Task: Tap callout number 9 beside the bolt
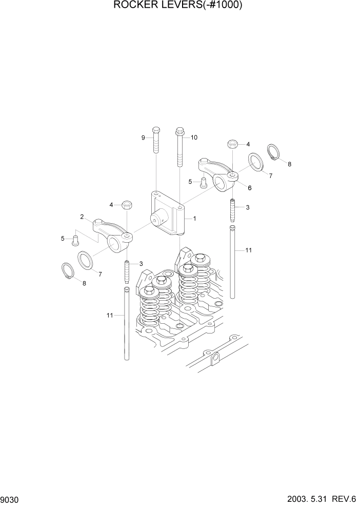click(x=144, y=137)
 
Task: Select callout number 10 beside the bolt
click(x=194, y=137)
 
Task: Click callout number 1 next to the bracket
click(x=195, y=218)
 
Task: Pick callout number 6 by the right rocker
click(x=250, y=188)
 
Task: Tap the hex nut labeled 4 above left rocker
click(x=127, y=205)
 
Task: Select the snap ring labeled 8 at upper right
click(x=274, y=152)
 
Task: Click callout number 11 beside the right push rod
click(x=248, y=250)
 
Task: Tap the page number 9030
click(x=11, y=499)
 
